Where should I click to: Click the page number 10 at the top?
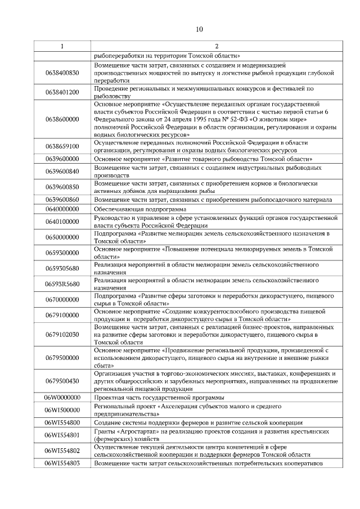(x=200, y=29)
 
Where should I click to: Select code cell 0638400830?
(x=62, y=73)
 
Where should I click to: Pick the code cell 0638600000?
(x=62, y=119)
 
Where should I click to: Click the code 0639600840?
(x=62, y=172)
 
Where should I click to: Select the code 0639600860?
(x=62, y=199)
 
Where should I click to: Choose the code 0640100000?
(x=62, y=222)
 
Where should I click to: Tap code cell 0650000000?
(x=62, y=237)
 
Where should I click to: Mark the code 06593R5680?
(x=62, y=284)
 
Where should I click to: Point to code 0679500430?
(x=62, y=381)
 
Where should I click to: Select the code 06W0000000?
(x=62, y=398)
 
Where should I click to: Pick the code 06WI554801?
(x=62, y=435)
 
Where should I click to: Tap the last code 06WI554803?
(x=62, y=463)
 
